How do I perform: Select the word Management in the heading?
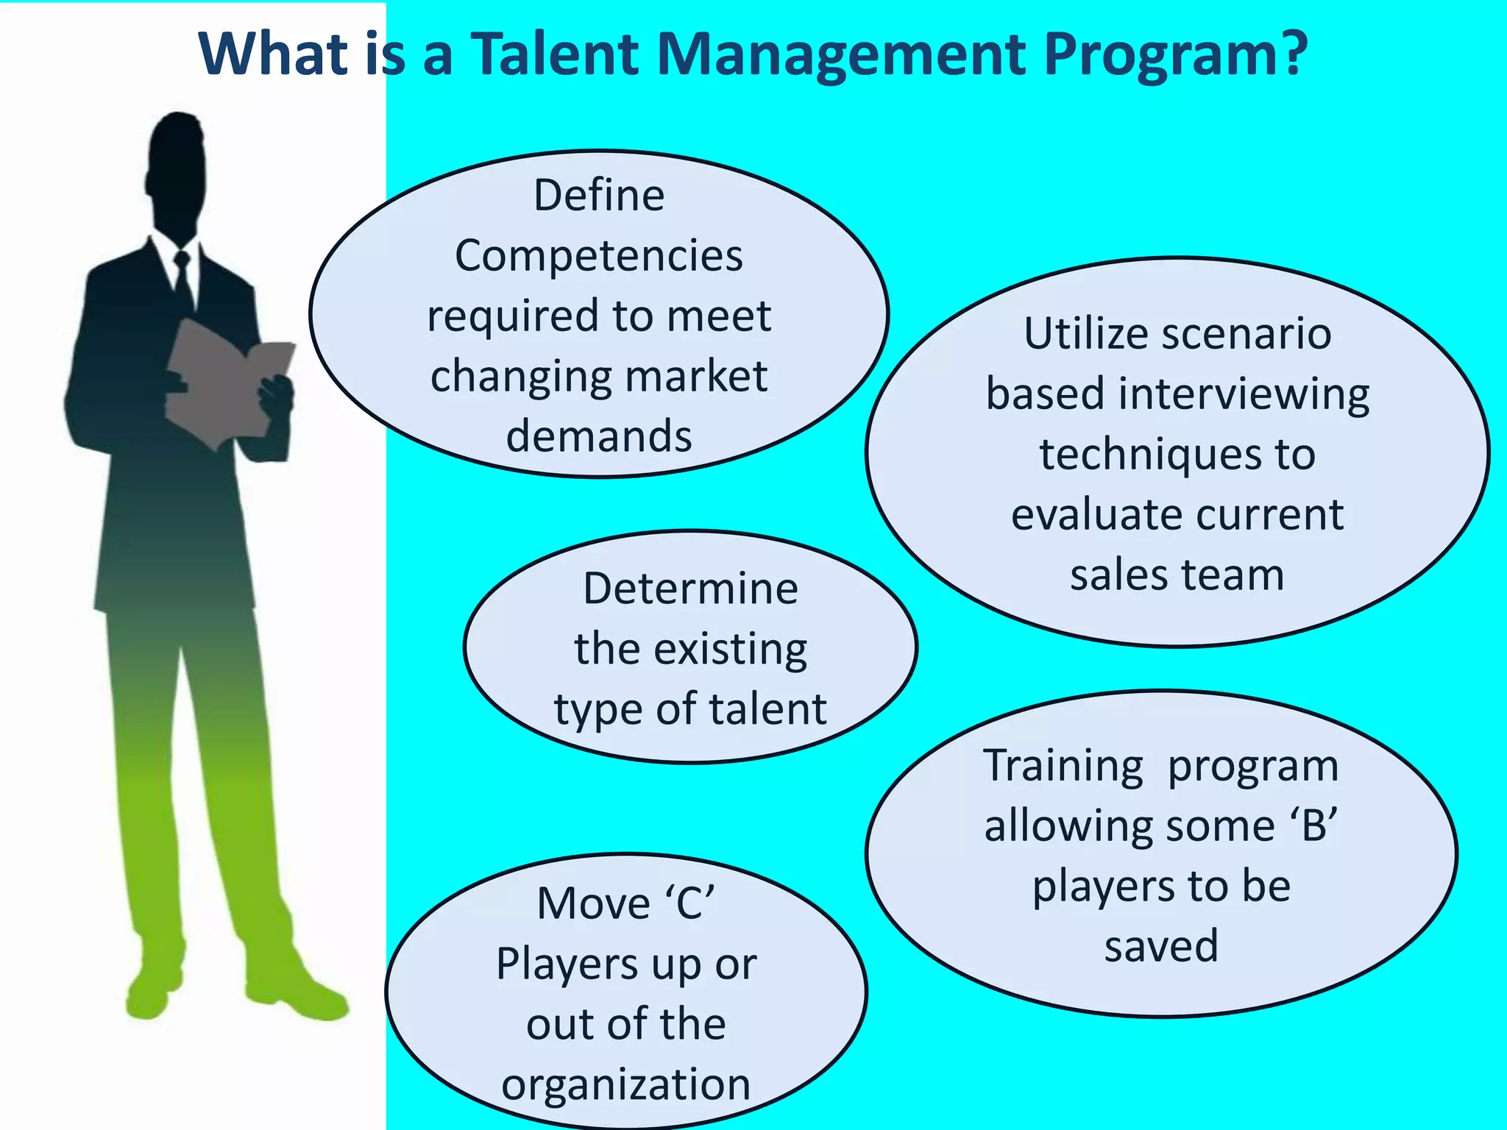[x=842, y=55]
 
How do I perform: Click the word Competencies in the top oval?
[x=599, y=256]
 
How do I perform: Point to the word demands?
[x=599, y=436]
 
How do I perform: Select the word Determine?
[x=690, y=589]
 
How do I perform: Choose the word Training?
[x=1063, y=766]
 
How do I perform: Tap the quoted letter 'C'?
[x=691, y=903]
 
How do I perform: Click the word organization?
[x=626, y=1084]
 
